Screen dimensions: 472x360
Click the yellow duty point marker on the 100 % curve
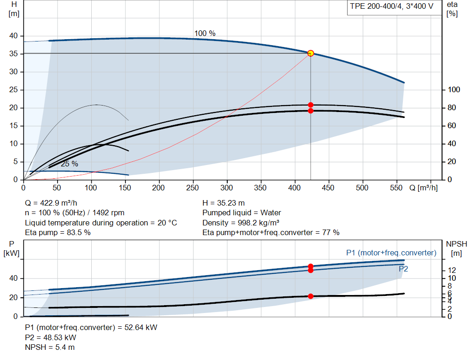311,53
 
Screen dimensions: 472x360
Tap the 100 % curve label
205,33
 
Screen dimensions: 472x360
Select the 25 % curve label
70,164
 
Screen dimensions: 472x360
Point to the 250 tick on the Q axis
192,188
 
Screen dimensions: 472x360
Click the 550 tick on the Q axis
396,188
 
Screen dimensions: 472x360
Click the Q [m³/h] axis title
424,188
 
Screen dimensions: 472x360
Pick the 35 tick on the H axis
13,54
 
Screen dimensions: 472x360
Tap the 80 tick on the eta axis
452,108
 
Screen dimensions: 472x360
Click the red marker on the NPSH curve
311,296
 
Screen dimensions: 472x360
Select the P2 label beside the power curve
403,269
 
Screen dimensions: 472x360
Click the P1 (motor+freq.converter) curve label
391,253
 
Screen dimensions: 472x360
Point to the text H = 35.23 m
224,203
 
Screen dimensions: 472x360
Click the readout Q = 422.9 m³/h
51,203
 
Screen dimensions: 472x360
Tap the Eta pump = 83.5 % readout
58,232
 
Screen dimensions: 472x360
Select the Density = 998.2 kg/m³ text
241,223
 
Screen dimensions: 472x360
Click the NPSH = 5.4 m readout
50,347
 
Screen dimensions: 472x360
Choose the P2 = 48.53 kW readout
51,337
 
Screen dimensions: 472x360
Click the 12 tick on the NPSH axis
452,270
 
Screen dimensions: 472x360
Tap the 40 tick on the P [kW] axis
13,278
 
